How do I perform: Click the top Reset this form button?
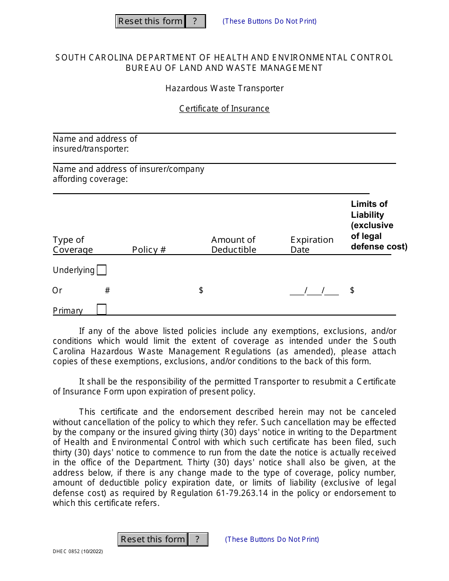tap(150, 21)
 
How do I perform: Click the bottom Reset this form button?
tap(153, 539)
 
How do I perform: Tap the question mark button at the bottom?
tap(198, 539)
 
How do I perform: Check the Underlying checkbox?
tap(102, 270)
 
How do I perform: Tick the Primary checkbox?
tap(102, 309)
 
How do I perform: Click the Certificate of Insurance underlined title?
tap(224, 109)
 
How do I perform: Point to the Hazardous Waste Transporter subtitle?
tap(224, 88)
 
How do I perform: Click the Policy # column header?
tap(149, 250)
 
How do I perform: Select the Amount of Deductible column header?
tap(233, 245)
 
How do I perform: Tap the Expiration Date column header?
tap(311, 245)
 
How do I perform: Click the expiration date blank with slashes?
tap(314, 291)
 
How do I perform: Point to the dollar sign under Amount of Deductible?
tap(201, 290)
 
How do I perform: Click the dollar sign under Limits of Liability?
tap(352, 290)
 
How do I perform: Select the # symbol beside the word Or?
tap(107, 290)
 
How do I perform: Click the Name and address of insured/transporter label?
tap(95, 144)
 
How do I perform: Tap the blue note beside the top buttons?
tap(269, 21)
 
